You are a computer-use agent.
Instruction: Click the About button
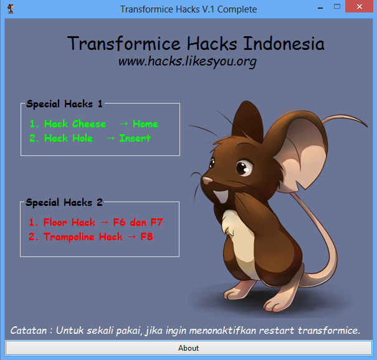coord(188,348)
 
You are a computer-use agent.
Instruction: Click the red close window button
coord(359,6)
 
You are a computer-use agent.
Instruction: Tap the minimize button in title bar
coord(320,8)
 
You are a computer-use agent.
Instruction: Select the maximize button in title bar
coord(337,6)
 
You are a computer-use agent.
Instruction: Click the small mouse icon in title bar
coord(11,9)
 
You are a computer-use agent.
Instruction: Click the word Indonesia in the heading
coord(284,44)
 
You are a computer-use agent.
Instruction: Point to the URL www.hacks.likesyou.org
coord(188,61)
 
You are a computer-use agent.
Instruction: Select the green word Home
coord(145,124)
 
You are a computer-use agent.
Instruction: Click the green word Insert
coord(135,139)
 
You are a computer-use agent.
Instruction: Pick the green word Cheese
coord(88,124)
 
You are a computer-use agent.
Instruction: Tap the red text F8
coord(146,236)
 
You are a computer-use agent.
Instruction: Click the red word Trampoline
coord(69,237)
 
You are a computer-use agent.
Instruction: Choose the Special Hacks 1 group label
coord(64,104)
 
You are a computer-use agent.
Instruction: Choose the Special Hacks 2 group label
coord(64,203)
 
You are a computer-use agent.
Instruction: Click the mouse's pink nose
coord(207,180)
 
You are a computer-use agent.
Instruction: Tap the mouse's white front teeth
coord(221,197)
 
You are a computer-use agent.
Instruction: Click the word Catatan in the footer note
coord(29,331)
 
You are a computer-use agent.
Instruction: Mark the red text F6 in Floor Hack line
coord(120,222)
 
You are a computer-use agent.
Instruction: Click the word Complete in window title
coord(237,9)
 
